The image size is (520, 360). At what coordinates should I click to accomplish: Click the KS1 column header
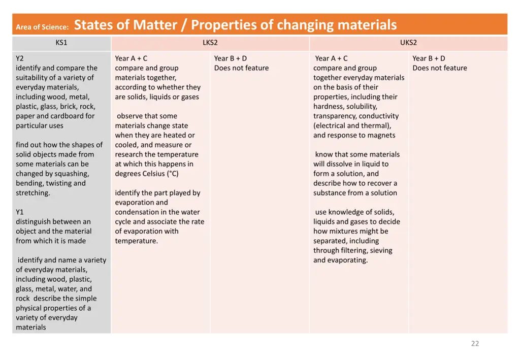(x=61, y=43)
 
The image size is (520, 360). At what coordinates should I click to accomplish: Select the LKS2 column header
(x=210, y=43)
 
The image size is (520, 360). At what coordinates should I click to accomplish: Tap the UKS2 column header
(x=408, y=43)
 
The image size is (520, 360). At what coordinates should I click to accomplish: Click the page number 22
(x=475, y=344)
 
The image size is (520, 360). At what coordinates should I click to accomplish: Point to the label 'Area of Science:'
(x=42, y=27)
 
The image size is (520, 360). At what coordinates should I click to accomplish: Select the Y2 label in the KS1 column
(x=20, y=58)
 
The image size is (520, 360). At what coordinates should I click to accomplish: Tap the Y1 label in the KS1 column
(x=20, y=212)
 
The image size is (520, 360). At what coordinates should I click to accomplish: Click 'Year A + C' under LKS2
(x=131, y=58)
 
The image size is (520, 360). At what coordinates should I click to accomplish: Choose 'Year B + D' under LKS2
(x=231, y=58)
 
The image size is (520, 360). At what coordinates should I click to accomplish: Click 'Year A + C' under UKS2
(x=331, y=58)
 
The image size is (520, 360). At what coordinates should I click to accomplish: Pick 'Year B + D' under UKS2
(x=429, y=58)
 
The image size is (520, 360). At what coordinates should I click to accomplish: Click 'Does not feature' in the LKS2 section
(x=241, y=68)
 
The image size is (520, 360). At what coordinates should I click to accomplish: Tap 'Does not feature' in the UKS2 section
(x=440, y=68)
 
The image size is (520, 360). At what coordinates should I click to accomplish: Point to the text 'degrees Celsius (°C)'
(x=147, y=174)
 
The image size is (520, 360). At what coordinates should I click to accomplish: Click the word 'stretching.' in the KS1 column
(x=33, y=193)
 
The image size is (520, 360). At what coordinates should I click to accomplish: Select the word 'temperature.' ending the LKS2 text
(x=136, y=241)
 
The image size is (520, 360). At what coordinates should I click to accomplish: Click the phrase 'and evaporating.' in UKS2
(x=340, y=260)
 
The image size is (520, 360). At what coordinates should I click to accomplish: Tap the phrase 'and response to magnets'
(x=354, y=136)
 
